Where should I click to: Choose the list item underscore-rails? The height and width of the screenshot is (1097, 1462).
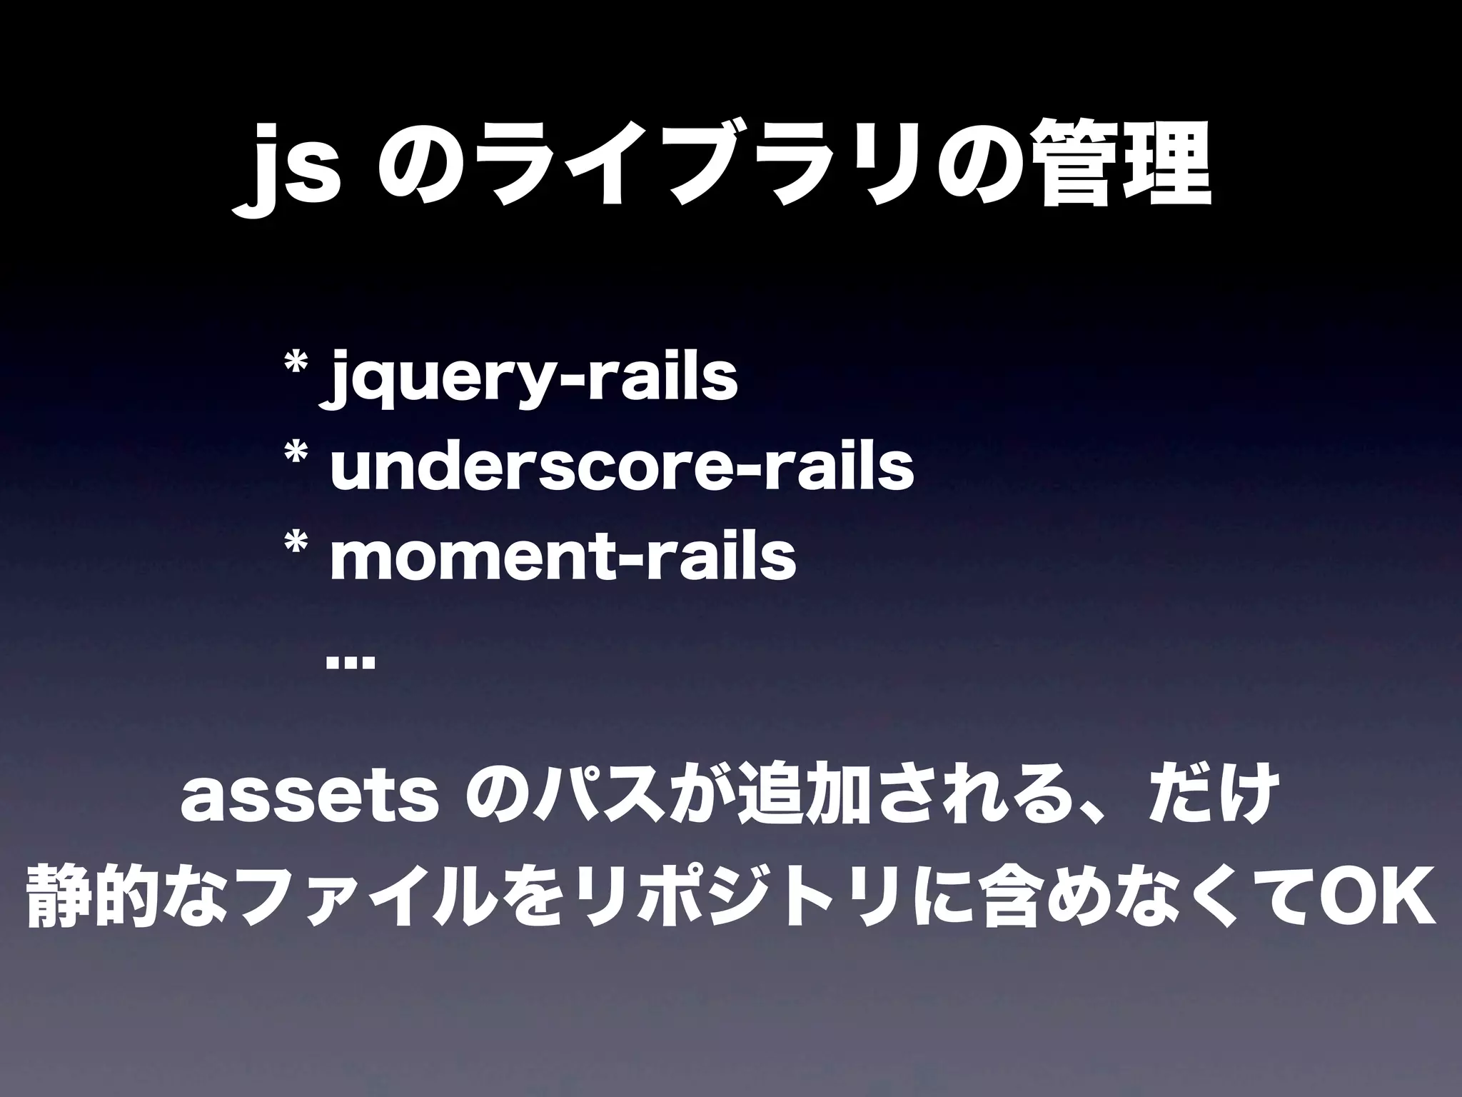[621, 468]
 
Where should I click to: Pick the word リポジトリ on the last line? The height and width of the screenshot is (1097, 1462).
[756, 903]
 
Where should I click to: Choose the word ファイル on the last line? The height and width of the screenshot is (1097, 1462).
[368, 903]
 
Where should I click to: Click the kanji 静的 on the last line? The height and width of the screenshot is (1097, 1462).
[92, 903]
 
